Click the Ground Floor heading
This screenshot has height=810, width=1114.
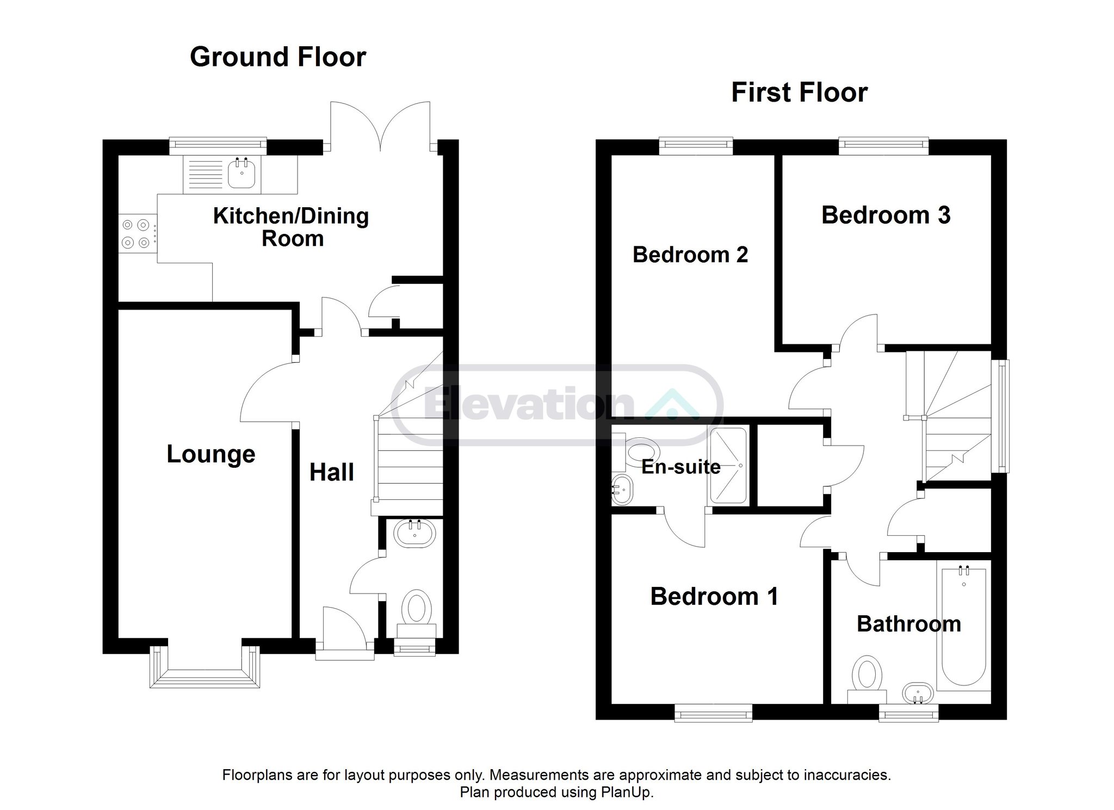pyautogui.click(x=278, y=57)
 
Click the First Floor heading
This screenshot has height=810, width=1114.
pyautogui.click(x=799, y=92)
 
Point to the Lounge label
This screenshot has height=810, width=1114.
pyautogui.click(x=211, y=454)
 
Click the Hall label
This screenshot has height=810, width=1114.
pyautogui.click(x=332, y=472)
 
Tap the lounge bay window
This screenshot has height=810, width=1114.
pyautogui.click(x=205, y=667)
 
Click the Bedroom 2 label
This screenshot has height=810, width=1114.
pyautogui.click(x=690, y=255)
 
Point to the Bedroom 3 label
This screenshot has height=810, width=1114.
pyautogui.click(x=886, y=215)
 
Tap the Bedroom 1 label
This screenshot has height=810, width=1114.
pyautogui.click(x=714, y=596)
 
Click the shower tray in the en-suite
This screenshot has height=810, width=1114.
pyautogui.click(x=728, y=465)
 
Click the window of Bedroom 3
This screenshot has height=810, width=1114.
pyautogui.click(x=883, y=143)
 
